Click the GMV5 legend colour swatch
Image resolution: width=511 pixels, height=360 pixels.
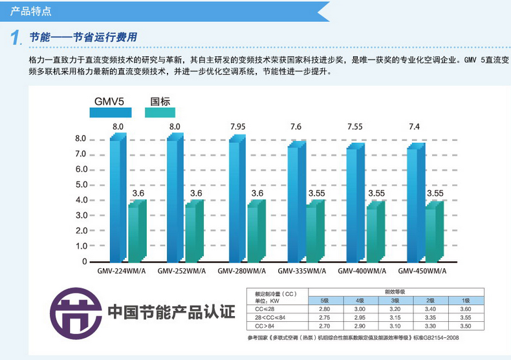(110, 112)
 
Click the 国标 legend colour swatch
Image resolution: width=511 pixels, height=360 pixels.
(160, 112)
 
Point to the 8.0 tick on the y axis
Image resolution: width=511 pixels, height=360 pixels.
(80, 138)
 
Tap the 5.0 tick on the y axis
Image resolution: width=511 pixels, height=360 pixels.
(80, 185)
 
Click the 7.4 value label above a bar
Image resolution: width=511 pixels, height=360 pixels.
(415, 126)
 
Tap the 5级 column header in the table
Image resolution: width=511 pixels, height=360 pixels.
(325, 301)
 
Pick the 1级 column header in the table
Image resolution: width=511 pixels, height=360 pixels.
(464, 301)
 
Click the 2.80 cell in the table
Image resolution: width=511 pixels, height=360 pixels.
(325, 310)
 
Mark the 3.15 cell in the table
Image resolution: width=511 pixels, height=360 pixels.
(395, 319)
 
